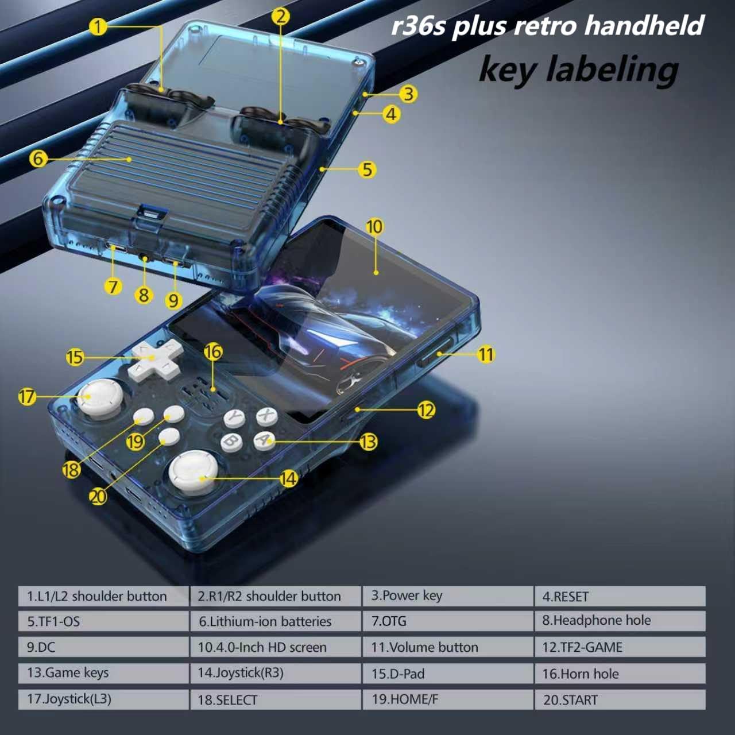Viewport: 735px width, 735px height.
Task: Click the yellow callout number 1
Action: (x=98, y=26)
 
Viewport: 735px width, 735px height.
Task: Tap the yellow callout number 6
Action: (x=38, y=158)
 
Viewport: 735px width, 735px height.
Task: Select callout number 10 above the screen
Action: (x=374, y=227)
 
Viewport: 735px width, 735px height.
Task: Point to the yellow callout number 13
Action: (x=368, y=442)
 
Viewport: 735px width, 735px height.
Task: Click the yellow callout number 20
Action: (x=98, y=497)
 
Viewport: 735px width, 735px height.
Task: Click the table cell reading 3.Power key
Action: (x=448, y=596)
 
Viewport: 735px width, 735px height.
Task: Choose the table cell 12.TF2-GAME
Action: (x=620, y=647)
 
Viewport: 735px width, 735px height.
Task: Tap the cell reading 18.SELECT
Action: (x=275, y=699)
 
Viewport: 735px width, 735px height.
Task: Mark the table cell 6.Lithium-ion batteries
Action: (x=275, y=621)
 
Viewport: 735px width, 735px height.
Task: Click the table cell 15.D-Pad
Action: (x=448, y=674)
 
